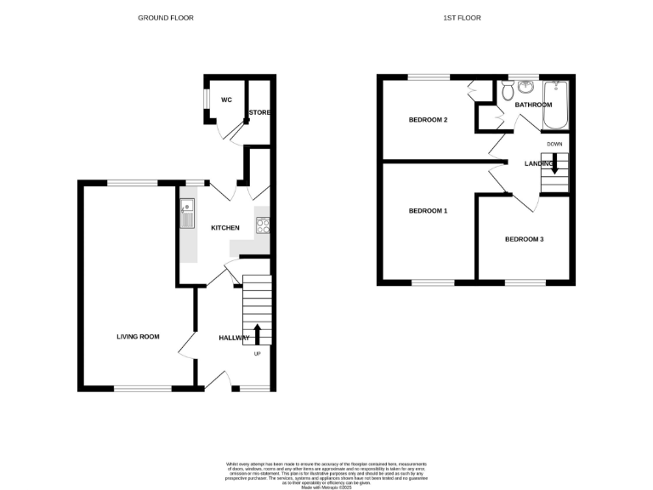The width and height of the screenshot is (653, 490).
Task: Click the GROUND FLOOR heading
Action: (166, 17)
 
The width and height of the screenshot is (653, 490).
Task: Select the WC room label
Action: (226, 100)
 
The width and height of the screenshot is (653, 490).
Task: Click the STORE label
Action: (258, 112)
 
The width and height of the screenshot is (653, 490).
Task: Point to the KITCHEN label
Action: (225, 227)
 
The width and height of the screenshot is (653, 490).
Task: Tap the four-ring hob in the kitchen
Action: (263, 226)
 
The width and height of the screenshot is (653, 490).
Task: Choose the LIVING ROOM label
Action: (138, 337)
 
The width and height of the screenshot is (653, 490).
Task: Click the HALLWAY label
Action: (234, 338)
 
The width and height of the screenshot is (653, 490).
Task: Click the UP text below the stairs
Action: (258, 354)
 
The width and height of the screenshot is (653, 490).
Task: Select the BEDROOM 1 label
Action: (428, 210)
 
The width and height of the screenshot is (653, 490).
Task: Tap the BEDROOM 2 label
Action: (428, 120)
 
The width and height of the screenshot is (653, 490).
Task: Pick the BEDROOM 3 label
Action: (524, 239)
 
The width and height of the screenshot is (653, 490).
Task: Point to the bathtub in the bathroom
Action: (558, 103)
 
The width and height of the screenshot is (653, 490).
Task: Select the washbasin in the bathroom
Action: (527, 86)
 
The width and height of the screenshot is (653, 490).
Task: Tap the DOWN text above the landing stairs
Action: (554, 144)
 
